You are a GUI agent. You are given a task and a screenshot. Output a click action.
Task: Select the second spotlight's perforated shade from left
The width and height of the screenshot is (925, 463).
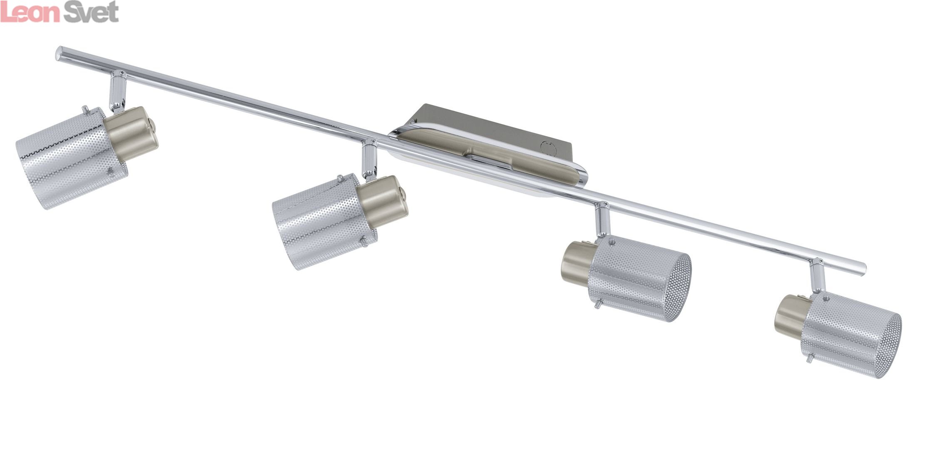click(325, 222)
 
